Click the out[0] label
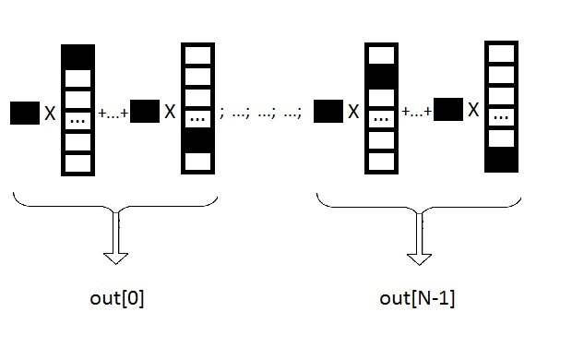117,298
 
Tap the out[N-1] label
417,298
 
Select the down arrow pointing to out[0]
116,237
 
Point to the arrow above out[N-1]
420,238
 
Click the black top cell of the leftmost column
77,57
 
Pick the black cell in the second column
197,140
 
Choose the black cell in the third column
381,77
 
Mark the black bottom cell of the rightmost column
501,160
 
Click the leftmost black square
25,113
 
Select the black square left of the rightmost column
448,109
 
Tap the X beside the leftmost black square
50,114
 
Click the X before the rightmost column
473,110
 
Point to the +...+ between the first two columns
113,114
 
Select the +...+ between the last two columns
417,111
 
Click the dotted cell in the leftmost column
77,120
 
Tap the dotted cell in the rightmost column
501,117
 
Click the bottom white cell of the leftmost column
77,162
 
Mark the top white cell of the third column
381,54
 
